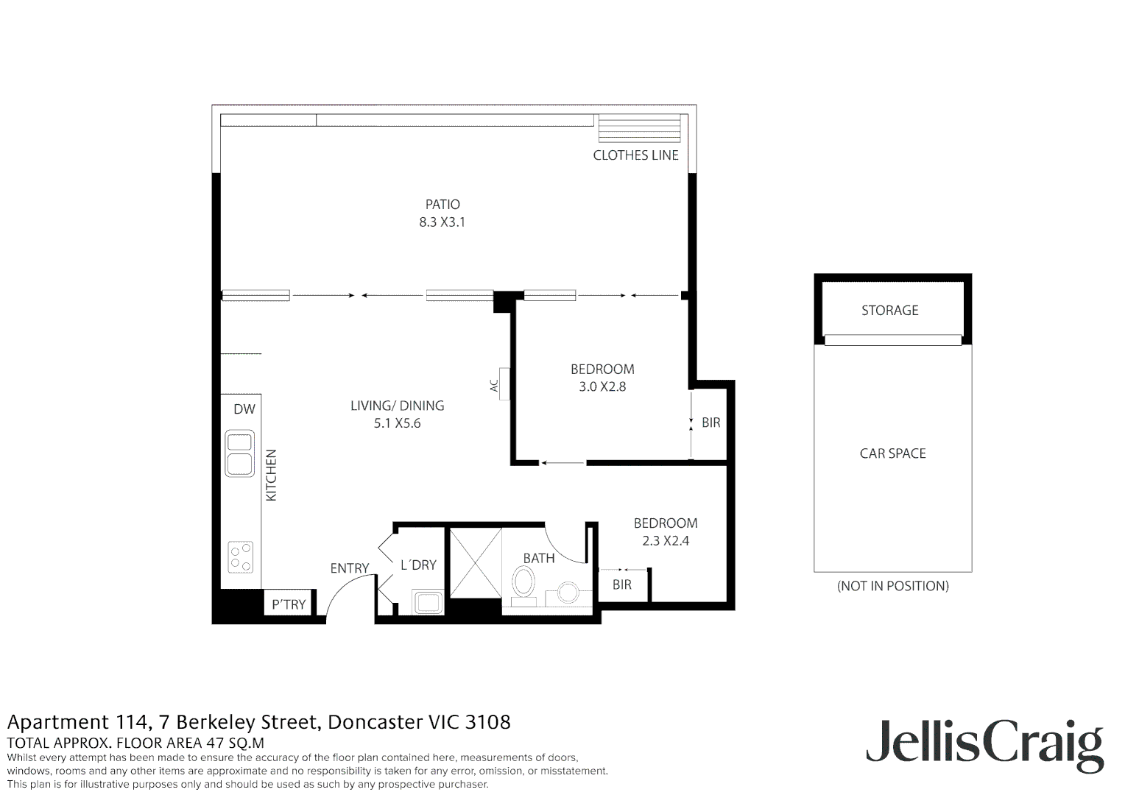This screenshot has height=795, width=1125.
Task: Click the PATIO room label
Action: pyautogui.click(x=442, y=205)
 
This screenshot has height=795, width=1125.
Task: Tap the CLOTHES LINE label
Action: pyautogui.click(x=635, y=155)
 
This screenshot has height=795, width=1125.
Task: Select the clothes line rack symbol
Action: pyautogui.click(x=639, y=129)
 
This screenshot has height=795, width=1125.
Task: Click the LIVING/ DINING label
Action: pyautogui.click(x=397, y=406)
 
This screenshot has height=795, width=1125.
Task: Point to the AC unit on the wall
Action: pyautogui.click(x=504, y=384)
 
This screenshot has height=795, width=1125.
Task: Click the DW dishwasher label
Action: pyautogui.click(x=244, y=409)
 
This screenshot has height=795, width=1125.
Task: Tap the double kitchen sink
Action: pyautogui.click(x=239, y=453)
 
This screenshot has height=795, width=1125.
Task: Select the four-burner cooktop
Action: pyautogui.click(x=240, y=556)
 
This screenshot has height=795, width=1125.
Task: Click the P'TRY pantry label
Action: pyautogui.click(x=289, y=604)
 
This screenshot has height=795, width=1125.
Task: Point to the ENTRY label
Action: pyautogui.click(x=349, y=568)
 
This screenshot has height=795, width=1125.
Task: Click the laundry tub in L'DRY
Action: pyautogui.click(x=427, y=603)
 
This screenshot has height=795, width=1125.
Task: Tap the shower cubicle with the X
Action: pyautogui.click(x=475, y=563)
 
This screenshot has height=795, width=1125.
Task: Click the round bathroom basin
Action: pyautogui.click(x=568, y=593)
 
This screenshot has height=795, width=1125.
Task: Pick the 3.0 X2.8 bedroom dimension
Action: pyautogui.click(x=602, y=386)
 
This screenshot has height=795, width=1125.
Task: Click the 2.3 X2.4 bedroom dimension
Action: pyautogui.click(x=666, y=541)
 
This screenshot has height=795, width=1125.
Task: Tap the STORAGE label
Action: pyautogui.click(x=889, y=311)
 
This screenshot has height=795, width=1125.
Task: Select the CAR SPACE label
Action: pyautogui.click(x=892, y=453)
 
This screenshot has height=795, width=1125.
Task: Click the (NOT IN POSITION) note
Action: pyautogui.click(x=892, y=586)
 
